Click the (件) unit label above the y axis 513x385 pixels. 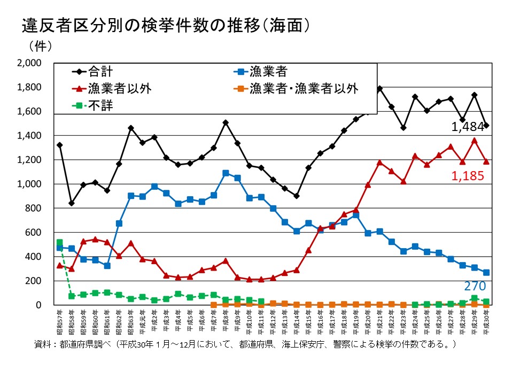pos(37,46)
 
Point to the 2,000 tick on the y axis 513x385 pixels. pos(29,63)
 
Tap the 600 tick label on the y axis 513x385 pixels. pos(34,233)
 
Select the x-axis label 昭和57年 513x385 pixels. pos(59,319)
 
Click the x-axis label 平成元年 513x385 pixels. pos(143,319)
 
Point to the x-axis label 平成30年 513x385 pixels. pos(486,319)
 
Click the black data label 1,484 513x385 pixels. pos(468,127)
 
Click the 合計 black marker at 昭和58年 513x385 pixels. pos(72,203)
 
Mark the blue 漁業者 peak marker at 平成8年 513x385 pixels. pos(226,173)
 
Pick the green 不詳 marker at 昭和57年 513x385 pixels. pos(59,242)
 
